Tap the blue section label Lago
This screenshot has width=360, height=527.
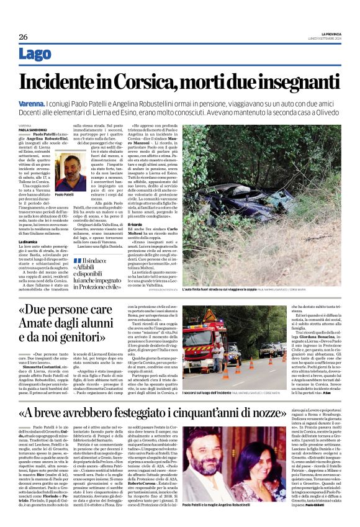35,55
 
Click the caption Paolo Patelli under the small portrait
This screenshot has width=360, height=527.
66,194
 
